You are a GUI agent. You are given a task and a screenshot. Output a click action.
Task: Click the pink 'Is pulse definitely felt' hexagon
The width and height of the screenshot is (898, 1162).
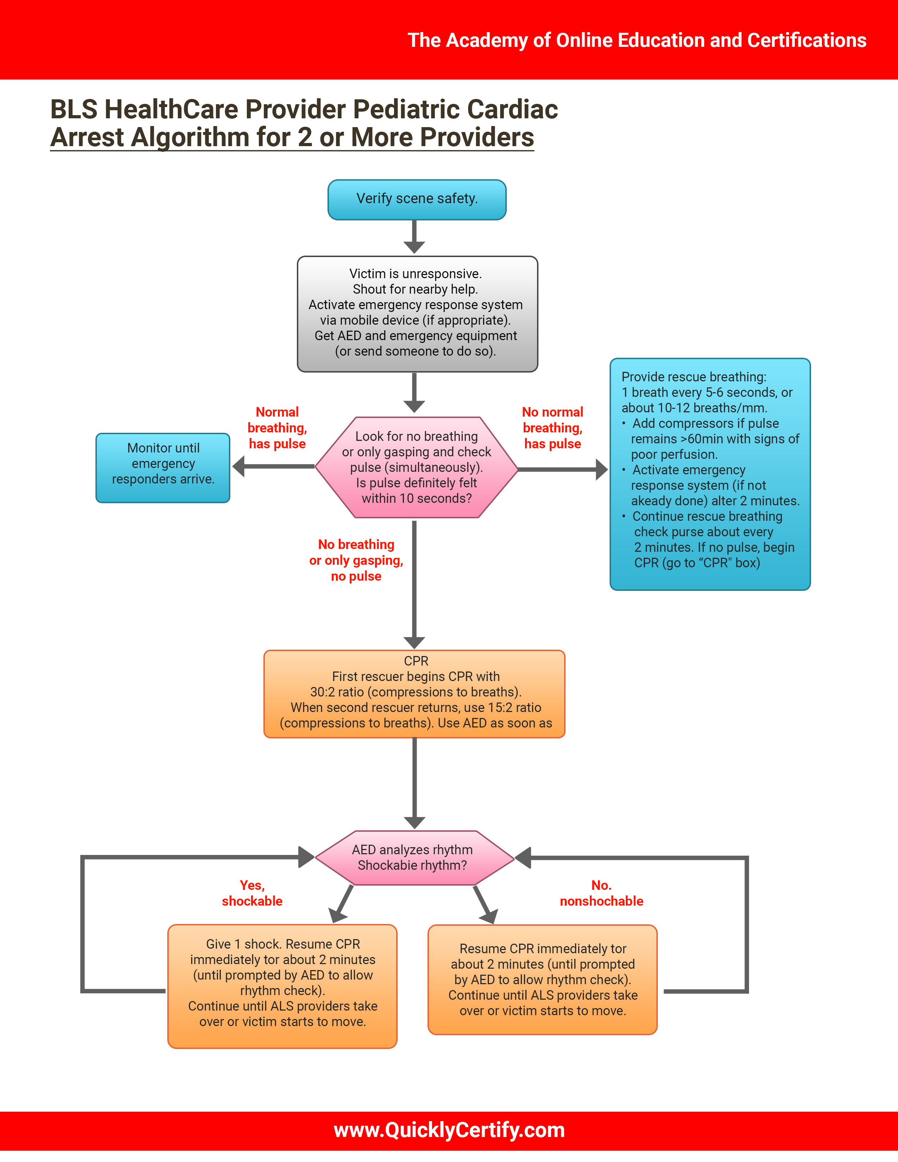tap(417, 467)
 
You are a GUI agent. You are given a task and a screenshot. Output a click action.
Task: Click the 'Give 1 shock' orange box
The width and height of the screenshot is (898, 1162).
tap(282, 986)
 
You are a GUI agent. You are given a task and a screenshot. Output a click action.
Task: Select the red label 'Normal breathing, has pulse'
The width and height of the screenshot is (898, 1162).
tap(277, 428)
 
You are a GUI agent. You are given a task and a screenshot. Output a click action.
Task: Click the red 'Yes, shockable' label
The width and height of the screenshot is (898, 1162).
tap(252, 893)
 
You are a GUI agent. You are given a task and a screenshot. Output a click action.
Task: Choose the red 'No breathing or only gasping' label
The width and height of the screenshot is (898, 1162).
tap(356, 560)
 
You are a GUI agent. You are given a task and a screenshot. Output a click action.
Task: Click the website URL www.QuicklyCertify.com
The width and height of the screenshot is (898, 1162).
tap(449, 1130)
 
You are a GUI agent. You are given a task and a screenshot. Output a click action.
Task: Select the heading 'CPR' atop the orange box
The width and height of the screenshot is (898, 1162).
tap(416, 661)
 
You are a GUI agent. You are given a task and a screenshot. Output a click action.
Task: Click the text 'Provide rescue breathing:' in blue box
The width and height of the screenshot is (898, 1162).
tap(694, 377)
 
